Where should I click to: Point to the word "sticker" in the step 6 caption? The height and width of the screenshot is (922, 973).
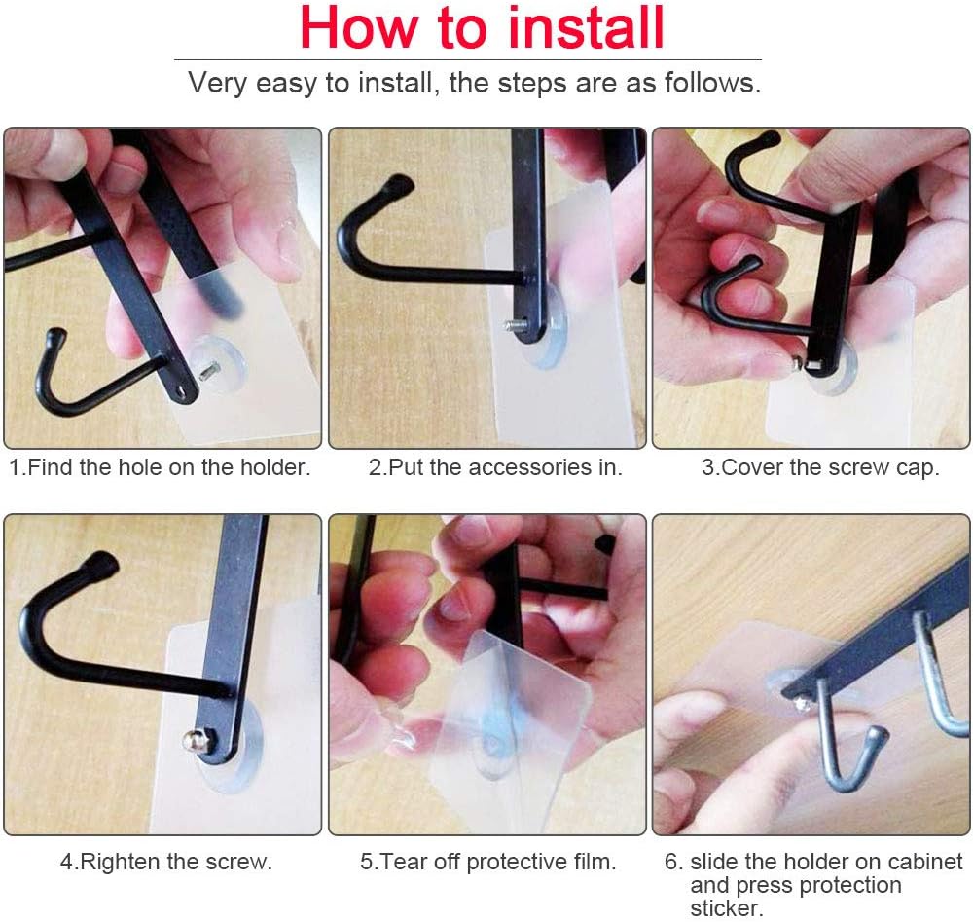(x=724, y=908)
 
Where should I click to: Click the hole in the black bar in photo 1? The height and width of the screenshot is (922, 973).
(x=181, y=391)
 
